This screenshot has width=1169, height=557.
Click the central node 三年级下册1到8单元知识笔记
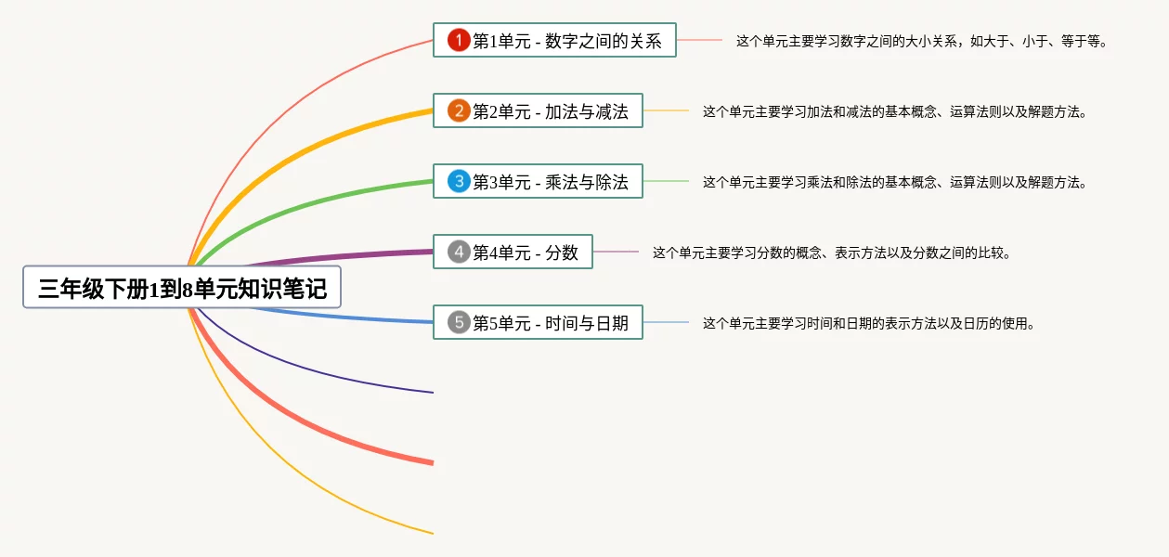tap(182, 288)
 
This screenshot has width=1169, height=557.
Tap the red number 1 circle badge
tap(459, 40)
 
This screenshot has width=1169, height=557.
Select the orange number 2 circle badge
tap(459, 110)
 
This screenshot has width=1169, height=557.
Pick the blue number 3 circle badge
tap(459, 181)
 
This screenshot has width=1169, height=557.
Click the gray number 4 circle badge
tap(459, 252)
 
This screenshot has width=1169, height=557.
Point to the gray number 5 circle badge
tap(459, 322)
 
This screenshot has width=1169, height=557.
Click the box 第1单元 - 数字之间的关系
tap(554, 40)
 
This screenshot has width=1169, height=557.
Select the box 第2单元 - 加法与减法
tap(538, 110)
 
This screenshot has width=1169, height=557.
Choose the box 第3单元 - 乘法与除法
tap(538, 181)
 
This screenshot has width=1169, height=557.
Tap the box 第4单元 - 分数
tap(513, 252)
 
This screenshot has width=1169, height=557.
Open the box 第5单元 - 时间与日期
tap(538, 322)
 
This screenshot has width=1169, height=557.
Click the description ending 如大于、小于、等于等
tap(922, 41)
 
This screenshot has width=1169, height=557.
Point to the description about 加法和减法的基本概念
tap(895, 111)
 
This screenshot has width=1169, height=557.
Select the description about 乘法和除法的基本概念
tap(895, 182)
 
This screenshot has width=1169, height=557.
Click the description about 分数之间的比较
tap(832, 253)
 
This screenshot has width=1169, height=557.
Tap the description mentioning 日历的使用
tap(869, 323)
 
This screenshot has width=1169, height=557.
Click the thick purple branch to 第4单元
tap(339, 256)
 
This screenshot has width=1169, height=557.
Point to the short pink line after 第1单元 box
tap(699, 40)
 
